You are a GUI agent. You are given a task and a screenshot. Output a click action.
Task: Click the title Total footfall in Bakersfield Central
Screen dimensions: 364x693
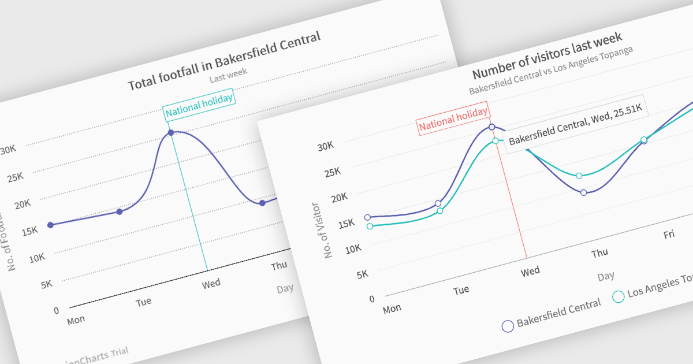click(x=223, y=61)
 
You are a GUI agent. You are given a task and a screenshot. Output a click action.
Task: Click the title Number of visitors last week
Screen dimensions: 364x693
click(x=547, y=55)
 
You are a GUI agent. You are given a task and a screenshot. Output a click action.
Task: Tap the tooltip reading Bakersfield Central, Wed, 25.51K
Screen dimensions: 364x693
click(x=576, y=124)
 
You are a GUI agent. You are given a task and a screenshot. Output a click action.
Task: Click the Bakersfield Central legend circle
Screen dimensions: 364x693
click(x=508, y=326)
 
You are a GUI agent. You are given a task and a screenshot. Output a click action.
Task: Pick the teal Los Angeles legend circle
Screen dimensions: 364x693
click(x=618, y=296)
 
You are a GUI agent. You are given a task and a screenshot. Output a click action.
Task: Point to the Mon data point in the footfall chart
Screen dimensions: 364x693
click(x=50, y=225)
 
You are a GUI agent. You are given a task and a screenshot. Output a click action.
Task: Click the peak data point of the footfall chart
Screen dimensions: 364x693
click(x=171, y=133)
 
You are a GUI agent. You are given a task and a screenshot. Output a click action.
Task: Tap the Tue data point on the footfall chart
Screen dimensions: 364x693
click(x=120, y=211)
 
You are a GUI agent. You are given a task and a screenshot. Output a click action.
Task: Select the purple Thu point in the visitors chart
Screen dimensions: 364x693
click(x=583, y=192)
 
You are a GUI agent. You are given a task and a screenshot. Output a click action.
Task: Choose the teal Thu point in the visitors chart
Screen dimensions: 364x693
click(x=579, y=175)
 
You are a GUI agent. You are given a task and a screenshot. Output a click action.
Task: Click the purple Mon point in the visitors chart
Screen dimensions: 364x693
click(x=367, y=217)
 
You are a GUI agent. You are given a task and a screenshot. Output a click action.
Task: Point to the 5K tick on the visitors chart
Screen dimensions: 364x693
click(x=363, y=274)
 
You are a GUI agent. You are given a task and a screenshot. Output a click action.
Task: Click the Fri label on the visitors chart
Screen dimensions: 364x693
click(x=669, y=234)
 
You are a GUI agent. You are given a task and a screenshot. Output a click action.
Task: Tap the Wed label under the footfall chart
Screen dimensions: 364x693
click(x=211, y=284)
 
